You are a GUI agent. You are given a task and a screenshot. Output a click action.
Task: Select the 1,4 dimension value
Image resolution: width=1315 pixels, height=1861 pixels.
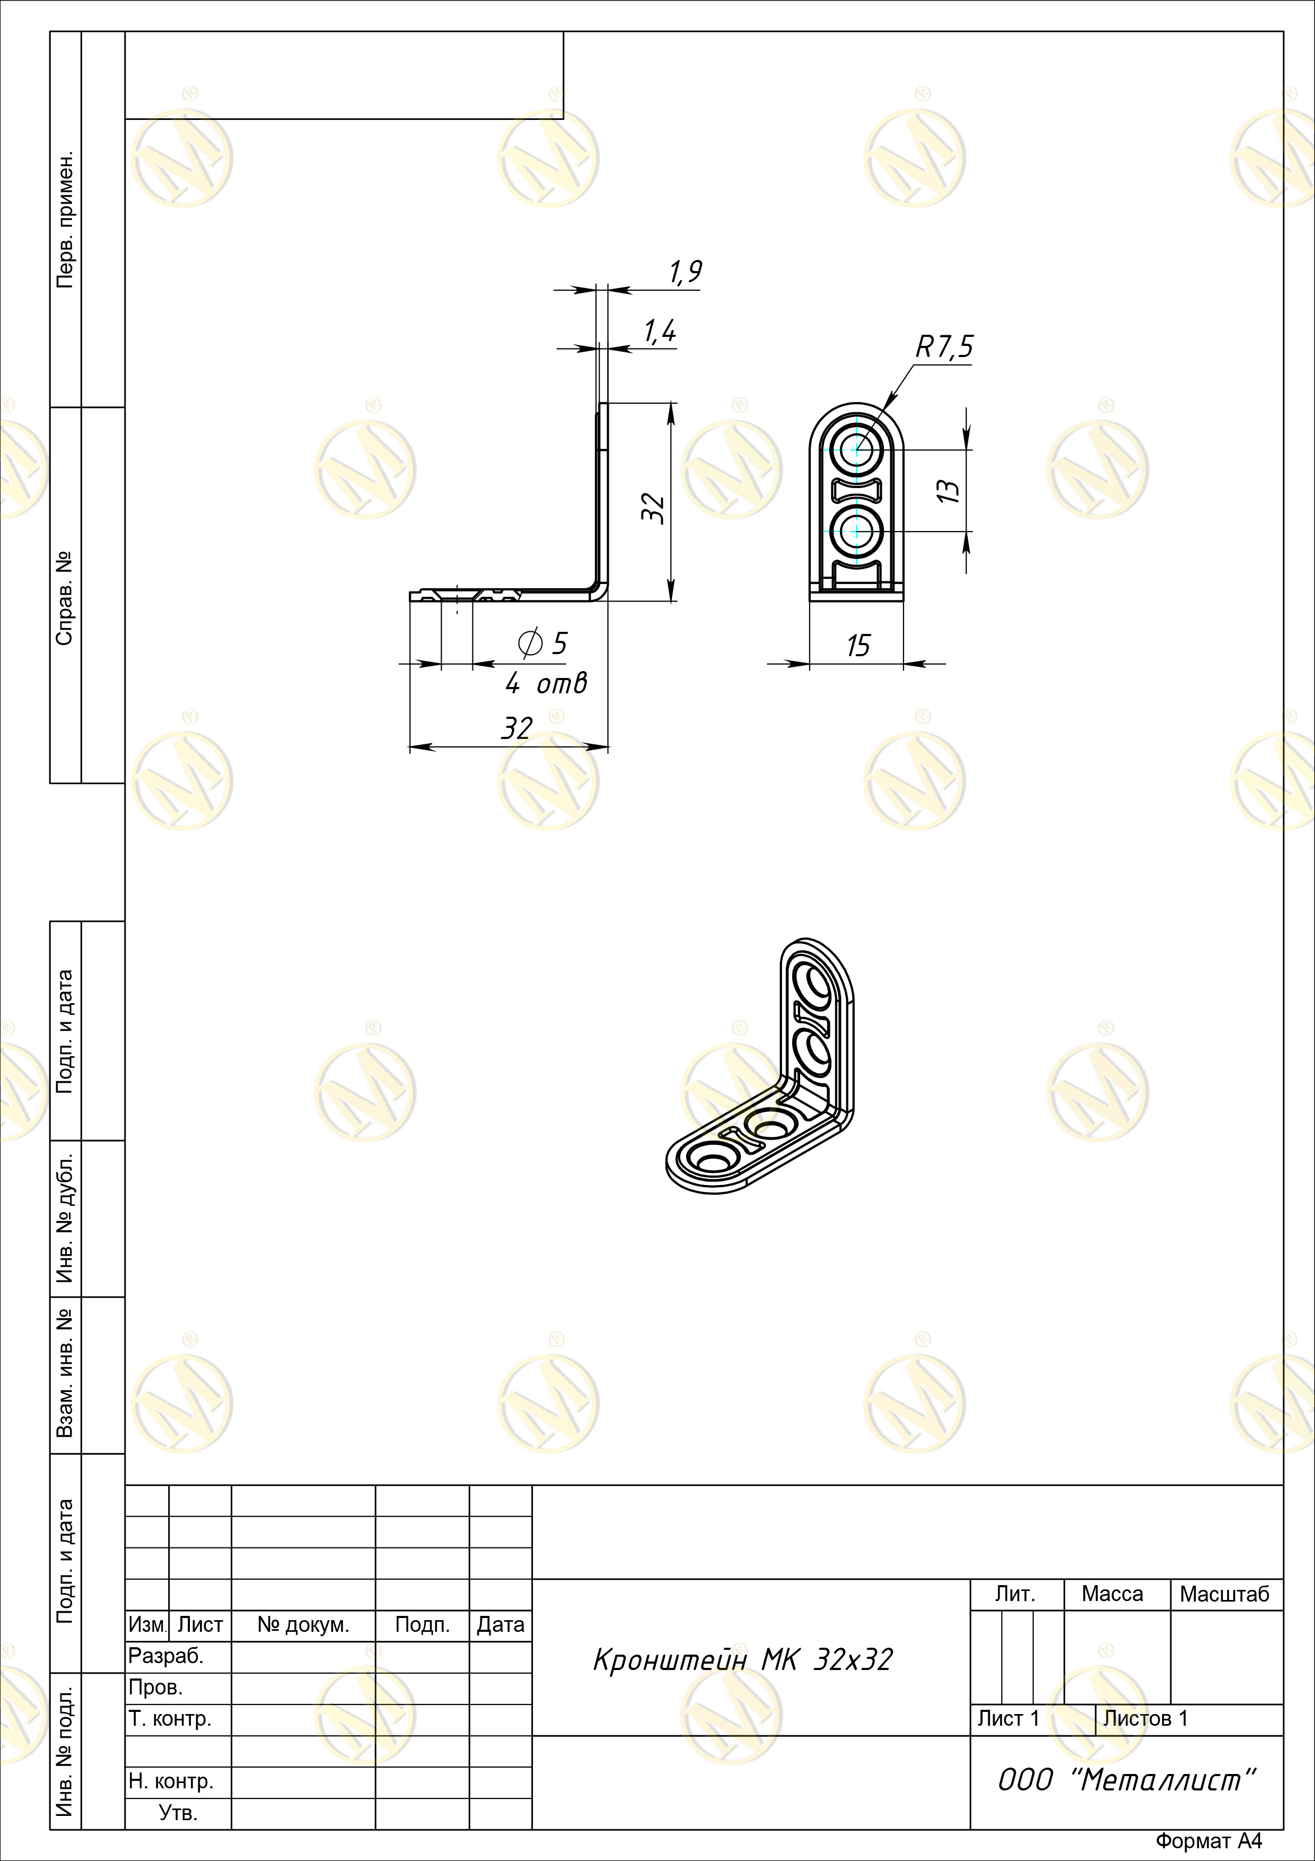pyautogui.click(x=660, y=332)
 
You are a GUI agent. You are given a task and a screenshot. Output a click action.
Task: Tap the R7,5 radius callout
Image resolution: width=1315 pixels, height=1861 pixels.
pyautogui.click(x=944, y=347)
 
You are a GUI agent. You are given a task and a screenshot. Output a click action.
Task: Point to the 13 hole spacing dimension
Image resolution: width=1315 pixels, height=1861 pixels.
pyautogui.click(x=951, y=490)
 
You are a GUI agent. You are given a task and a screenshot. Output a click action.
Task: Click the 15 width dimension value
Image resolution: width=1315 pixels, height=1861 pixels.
pyautogui.click(x=857, y=646)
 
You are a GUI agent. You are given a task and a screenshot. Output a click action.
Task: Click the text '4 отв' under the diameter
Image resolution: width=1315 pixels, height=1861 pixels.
pyautogui.click(x=545, y=684)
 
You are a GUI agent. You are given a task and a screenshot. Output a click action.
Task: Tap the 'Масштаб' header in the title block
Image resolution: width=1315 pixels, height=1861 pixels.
pyautogui.click(x=1224, y=1594)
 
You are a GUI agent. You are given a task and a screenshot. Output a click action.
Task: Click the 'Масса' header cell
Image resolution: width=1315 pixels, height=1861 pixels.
pyautogui.click(x=1112, y=1594)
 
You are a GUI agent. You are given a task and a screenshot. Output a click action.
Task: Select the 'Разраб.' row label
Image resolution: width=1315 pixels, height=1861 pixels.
pyautogui.click(x=166, y=1656)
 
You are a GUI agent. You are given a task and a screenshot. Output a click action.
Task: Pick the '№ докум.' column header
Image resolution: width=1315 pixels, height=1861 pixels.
pyautogui.click(x=303, y=1624)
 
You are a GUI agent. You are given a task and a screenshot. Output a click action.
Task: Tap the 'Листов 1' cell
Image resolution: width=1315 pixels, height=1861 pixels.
pyautogui.click(x=1146, y=1718)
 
